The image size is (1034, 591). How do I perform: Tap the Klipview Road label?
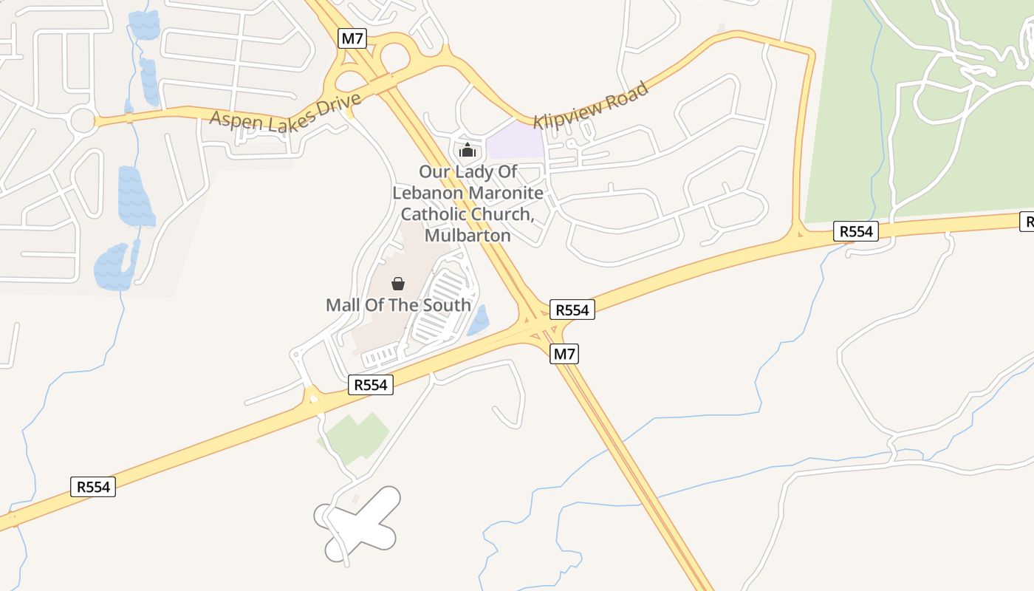592,105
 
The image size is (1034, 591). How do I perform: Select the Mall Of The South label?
398,304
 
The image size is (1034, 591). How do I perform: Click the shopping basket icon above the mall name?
398,283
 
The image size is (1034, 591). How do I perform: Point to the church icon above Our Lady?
467,151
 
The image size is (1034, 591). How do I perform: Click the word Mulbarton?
468,236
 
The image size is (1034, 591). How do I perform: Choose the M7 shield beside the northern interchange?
352,38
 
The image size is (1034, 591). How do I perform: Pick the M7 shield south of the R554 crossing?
564,354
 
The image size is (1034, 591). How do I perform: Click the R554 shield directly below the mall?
371,384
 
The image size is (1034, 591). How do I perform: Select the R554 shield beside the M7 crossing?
572,310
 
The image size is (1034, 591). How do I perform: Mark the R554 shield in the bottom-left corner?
93,487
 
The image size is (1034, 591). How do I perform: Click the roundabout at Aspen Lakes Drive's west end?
83,120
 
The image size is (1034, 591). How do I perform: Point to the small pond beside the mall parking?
479,321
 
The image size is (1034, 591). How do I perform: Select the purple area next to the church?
516,140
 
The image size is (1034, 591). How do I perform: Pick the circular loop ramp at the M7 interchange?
395,56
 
